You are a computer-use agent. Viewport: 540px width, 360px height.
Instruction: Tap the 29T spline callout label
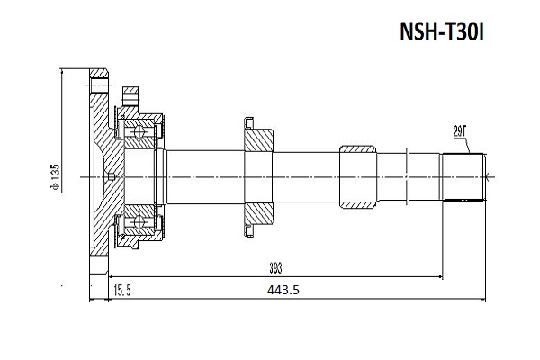(461, 132)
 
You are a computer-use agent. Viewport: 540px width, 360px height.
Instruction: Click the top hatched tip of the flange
(98, 78)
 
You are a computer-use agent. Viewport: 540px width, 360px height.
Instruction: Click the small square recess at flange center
(108, 176)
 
